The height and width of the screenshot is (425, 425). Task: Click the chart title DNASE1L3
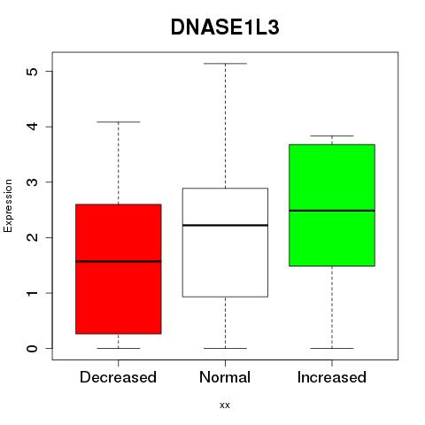pyautogui.click(x=225, y=27)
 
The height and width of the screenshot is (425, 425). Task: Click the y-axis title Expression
pyautogui.click(x=8, y=205)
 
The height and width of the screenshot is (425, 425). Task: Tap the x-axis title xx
pyautogui.click(x=225, y=406)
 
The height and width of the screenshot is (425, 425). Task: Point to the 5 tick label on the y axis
pyautogui.click(x=32, y=72)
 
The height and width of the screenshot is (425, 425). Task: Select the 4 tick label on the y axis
pyautogui.click(x=32, y=127)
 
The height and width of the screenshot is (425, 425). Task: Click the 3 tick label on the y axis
pyautogui.click(x=32, y=182)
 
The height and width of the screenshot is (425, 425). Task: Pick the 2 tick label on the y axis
pyautogui.click(x=32, y=237)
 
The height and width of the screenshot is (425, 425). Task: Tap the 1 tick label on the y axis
pyautogui.click(x=32, y=293)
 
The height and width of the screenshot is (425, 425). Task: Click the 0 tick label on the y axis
pyautogui.click(x=32, y=348)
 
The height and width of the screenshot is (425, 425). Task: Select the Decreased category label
pyautogui.click(x=118, y=377)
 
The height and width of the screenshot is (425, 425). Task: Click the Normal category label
pyautogui.click(x=225, y=377)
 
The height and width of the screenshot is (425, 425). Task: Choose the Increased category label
pyautogui.click(x=332, y=377)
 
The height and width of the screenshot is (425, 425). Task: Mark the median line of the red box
pyautogui.click(x=119, y=261)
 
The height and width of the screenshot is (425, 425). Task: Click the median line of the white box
pyautogui.click(x=225, y=225)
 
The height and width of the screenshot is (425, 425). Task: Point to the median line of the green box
pyautogui.click(x=332, y=211)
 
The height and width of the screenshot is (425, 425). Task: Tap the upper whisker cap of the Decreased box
pyautogui.click(x=119, y=122)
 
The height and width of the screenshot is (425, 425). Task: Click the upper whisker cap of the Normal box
pyautogui.click(x=225, y=64)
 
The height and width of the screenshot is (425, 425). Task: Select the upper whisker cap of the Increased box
pyautogui.click(x=332, y=136)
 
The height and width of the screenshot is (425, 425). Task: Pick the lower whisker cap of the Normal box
pyautogui.click(x=225, y=348)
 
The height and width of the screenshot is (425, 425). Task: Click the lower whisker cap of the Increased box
pyautogui.click(x=332, y=348)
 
